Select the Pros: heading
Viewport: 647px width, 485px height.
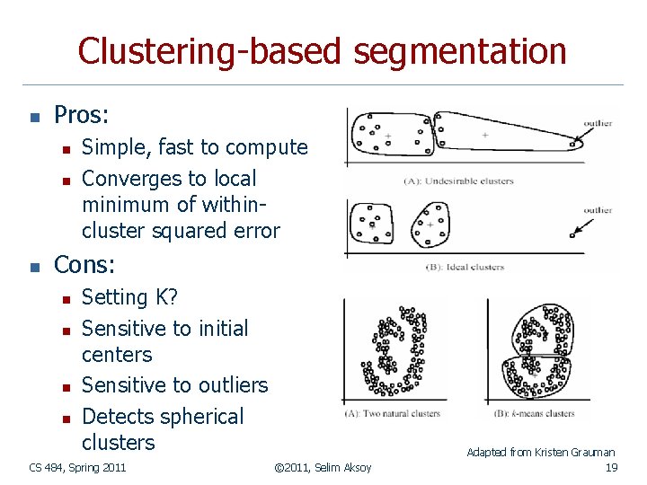coord(82,115)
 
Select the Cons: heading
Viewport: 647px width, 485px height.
coord(84,265)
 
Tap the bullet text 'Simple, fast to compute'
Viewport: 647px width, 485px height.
coord(194,147)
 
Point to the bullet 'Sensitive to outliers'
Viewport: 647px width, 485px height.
coord(174,385)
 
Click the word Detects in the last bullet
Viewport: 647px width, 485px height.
coord(117,417)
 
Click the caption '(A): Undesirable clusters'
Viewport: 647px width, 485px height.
coord(458,181)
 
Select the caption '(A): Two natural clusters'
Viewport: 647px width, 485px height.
coord(391,414)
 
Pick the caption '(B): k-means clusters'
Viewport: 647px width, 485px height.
coord(534,414)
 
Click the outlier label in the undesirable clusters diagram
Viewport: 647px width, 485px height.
coord(597,124)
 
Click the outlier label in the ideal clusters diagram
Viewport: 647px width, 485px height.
coord(597,211)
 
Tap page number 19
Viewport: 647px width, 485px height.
coord(611,467)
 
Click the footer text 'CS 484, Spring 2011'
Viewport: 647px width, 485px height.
coord(77,467)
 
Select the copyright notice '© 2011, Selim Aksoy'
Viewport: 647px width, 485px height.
coord(323,467)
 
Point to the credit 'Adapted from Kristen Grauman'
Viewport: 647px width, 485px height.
coord(540,453)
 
